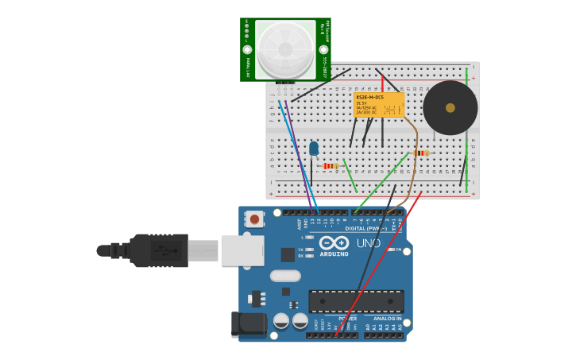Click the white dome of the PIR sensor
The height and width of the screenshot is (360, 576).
click(x=285, y=49)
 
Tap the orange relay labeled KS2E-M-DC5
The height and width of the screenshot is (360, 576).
click(x=379, y=105)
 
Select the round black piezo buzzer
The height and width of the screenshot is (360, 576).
click(x=450, y=108)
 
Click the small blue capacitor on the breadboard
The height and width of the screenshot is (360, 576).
click(x=314, y=148)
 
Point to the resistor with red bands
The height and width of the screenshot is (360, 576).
click(x=330, y=165)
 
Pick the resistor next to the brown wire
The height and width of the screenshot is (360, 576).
click(x=421, y=153)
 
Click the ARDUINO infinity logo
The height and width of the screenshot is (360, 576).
click(x=334, y=243)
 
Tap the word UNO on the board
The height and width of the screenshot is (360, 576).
click(x=368, y=243)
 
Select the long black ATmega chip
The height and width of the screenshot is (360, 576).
click(x=356, y=301)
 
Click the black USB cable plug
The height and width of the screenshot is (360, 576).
click(x=159, y=250)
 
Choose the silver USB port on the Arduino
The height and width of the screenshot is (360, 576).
click(x=242, y=250)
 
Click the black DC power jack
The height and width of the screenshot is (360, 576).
click(x=248, y=324)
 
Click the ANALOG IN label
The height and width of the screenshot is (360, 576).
click(x=388, y=318)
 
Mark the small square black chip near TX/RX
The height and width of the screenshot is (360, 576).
click(x=288, y=254)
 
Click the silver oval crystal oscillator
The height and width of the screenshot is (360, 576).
click(x=285, y=276)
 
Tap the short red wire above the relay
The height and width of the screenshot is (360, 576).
click(x=382, y=83)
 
